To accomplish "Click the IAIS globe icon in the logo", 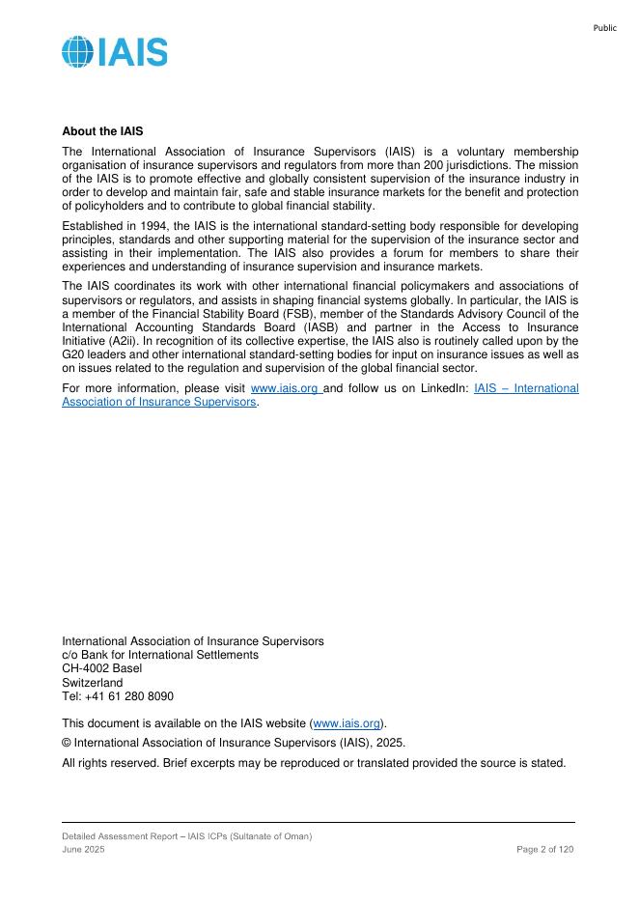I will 78,52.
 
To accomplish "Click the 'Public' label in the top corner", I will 605,28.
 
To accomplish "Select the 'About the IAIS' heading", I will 102,130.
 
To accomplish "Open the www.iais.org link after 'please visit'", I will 285,388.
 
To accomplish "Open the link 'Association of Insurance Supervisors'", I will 159,402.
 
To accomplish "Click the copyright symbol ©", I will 67,743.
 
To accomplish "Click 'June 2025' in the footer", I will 83,848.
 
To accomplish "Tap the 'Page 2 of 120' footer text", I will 545,848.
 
